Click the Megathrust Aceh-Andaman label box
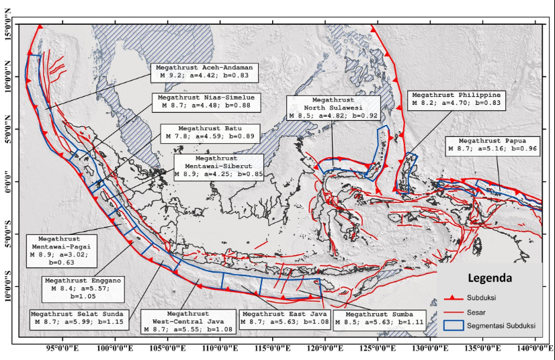point(194,72)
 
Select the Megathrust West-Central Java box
point(187,321)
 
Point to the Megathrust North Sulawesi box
point(331,107)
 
